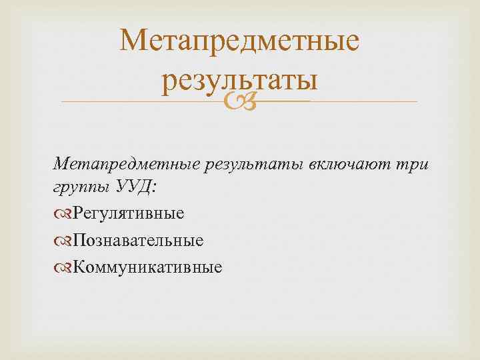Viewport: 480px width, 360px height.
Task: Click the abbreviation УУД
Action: [x=134, y=187]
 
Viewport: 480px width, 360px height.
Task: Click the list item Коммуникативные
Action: [x=147, y=267]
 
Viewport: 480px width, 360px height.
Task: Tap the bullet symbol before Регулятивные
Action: [x=64, y=214]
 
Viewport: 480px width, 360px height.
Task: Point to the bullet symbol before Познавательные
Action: [x=64, y=241]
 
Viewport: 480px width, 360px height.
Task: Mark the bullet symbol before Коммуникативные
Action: [x=64, y=267]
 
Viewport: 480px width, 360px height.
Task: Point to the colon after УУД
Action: [x=155, y=189]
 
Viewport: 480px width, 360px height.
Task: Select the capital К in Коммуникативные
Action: [x=79, y=267]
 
